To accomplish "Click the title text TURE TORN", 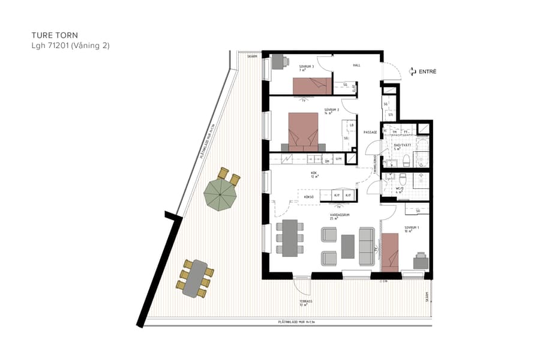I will click(x=55, y=35).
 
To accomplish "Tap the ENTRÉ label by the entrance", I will click(x=428, y=71).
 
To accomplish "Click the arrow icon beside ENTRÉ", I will click(x=412, y=71).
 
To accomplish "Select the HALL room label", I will click(x=356, y=65).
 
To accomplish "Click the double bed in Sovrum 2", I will click(x=303, y=131).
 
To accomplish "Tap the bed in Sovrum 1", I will click(x=390, y=250).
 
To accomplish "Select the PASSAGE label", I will click(x=370, y=133).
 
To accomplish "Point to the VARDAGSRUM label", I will click(x=340, y=215).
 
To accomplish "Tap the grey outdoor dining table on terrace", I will click(x=195, y=278).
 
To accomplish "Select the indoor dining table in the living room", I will click(x=290, y=238).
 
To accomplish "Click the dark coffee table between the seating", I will click(x=348, y=246).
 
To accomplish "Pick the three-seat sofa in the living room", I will click(x=367, y=247).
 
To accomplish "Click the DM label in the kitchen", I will click(x=327, y=161).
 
